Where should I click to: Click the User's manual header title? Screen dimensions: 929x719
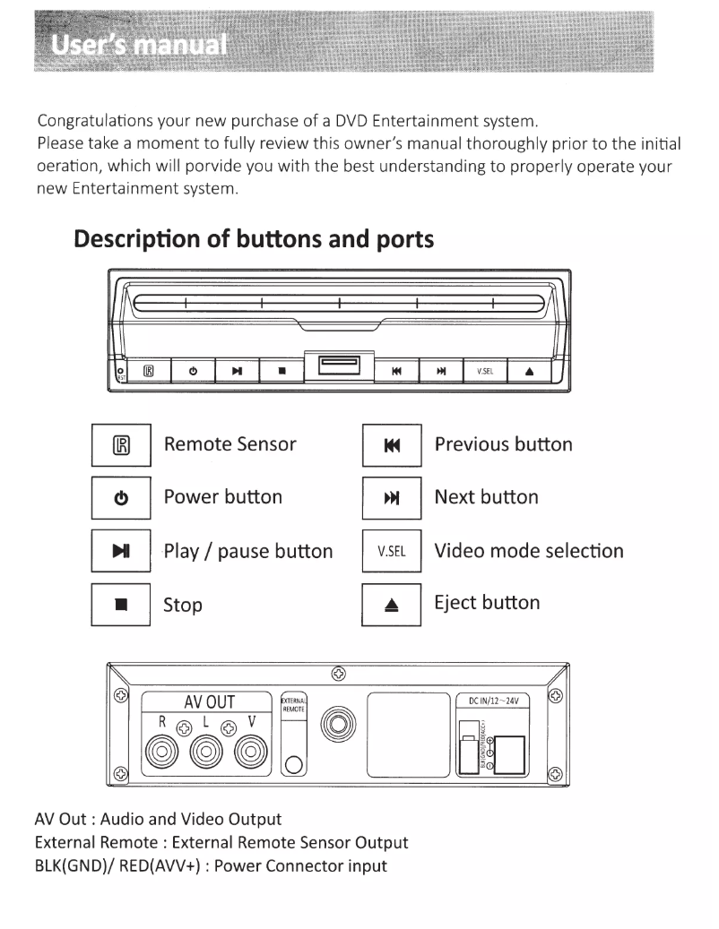[139, 44]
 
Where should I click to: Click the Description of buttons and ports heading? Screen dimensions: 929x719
[255, 240]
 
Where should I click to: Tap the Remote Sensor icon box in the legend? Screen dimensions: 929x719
[122, 444]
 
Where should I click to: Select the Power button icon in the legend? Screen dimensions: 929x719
[122, 498]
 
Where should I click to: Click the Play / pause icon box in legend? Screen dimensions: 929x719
[122, 551]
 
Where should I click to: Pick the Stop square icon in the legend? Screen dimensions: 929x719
[122, 605]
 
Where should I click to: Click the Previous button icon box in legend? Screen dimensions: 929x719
[392, 444]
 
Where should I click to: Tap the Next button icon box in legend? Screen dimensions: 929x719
[392, 498]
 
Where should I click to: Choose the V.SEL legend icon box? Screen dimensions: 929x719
[392, 551]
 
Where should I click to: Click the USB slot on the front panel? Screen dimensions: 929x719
[334, 365]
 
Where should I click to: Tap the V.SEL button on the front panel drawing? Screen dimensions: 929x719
[484, 370]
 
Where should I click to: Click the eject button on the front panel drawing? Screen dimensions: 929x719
[529, 370]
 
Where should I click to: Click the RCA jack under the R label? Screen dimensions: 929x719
[164, 747]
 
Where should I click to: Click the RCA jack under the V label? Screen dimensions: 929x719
[252, 747]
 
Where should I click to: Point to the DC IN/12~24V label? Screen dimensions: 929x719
[493, 701]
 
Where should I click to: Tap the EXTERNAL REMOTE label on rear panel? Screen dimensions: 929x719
[294, 703]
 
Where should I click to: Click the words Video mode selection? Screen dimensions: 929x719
[529, 551]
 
